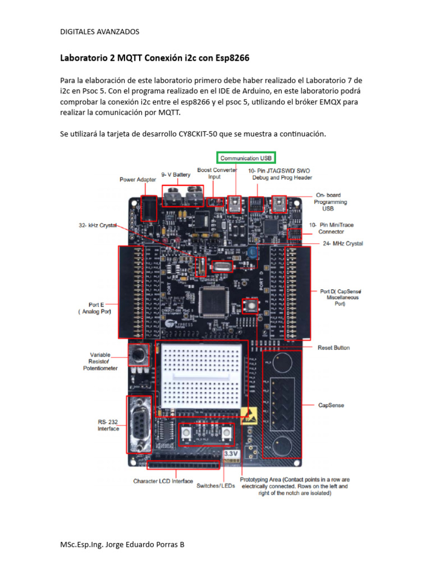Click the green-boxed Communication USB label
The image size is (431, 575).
246,158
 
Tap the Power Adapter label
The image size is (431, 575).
137,180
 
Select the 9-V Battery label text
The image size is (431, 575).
176,175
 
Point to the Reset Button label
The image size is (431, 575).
333,348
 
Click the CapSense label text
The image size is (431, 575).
331,404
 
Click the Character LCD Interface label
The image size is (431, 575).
163,481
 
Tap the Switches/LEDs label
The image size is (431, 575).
215,485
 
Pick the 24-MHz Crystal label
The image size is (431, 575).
343,244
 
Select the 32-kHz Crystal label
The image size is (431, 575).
98,225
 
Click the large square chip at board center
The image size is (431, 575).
216,295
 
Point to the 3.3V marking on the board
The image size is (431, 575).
231,453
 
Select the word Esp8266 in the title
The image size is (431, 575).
232,58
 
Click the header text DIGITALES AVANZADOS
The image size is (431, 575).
99,31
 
